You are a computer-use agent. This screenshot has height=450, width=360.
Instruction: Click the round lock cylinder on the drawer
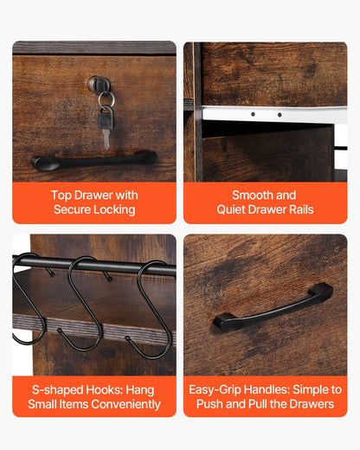tap(100, 84)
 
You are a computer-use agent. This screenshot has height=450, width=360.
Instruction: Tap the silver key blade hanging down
tap(106, 139)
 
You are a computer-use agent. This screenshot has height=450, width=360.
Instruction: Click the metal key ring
tap(106, 100)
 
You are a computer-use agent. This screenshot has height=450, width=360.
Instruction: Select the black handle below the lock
tap(94, 160)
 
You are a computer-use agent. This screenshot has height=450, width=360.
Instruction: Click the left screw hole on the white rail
tap(253, 114)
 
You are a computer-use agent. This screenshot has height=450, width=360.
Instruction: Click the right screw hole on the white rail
tap(280, 115)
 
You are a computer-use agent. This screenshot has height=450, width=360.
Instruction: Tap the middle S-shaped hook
tap(85, 303)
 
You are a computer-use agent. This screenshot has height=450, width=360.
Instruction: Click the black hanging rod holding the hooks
tap(94, 265)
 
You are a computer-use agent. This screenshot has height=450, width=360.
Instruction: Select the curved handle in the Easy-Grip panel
tap(273, 307)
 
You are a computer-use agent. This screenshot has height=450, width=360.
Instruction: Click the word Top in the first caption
tap(61, 196)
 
